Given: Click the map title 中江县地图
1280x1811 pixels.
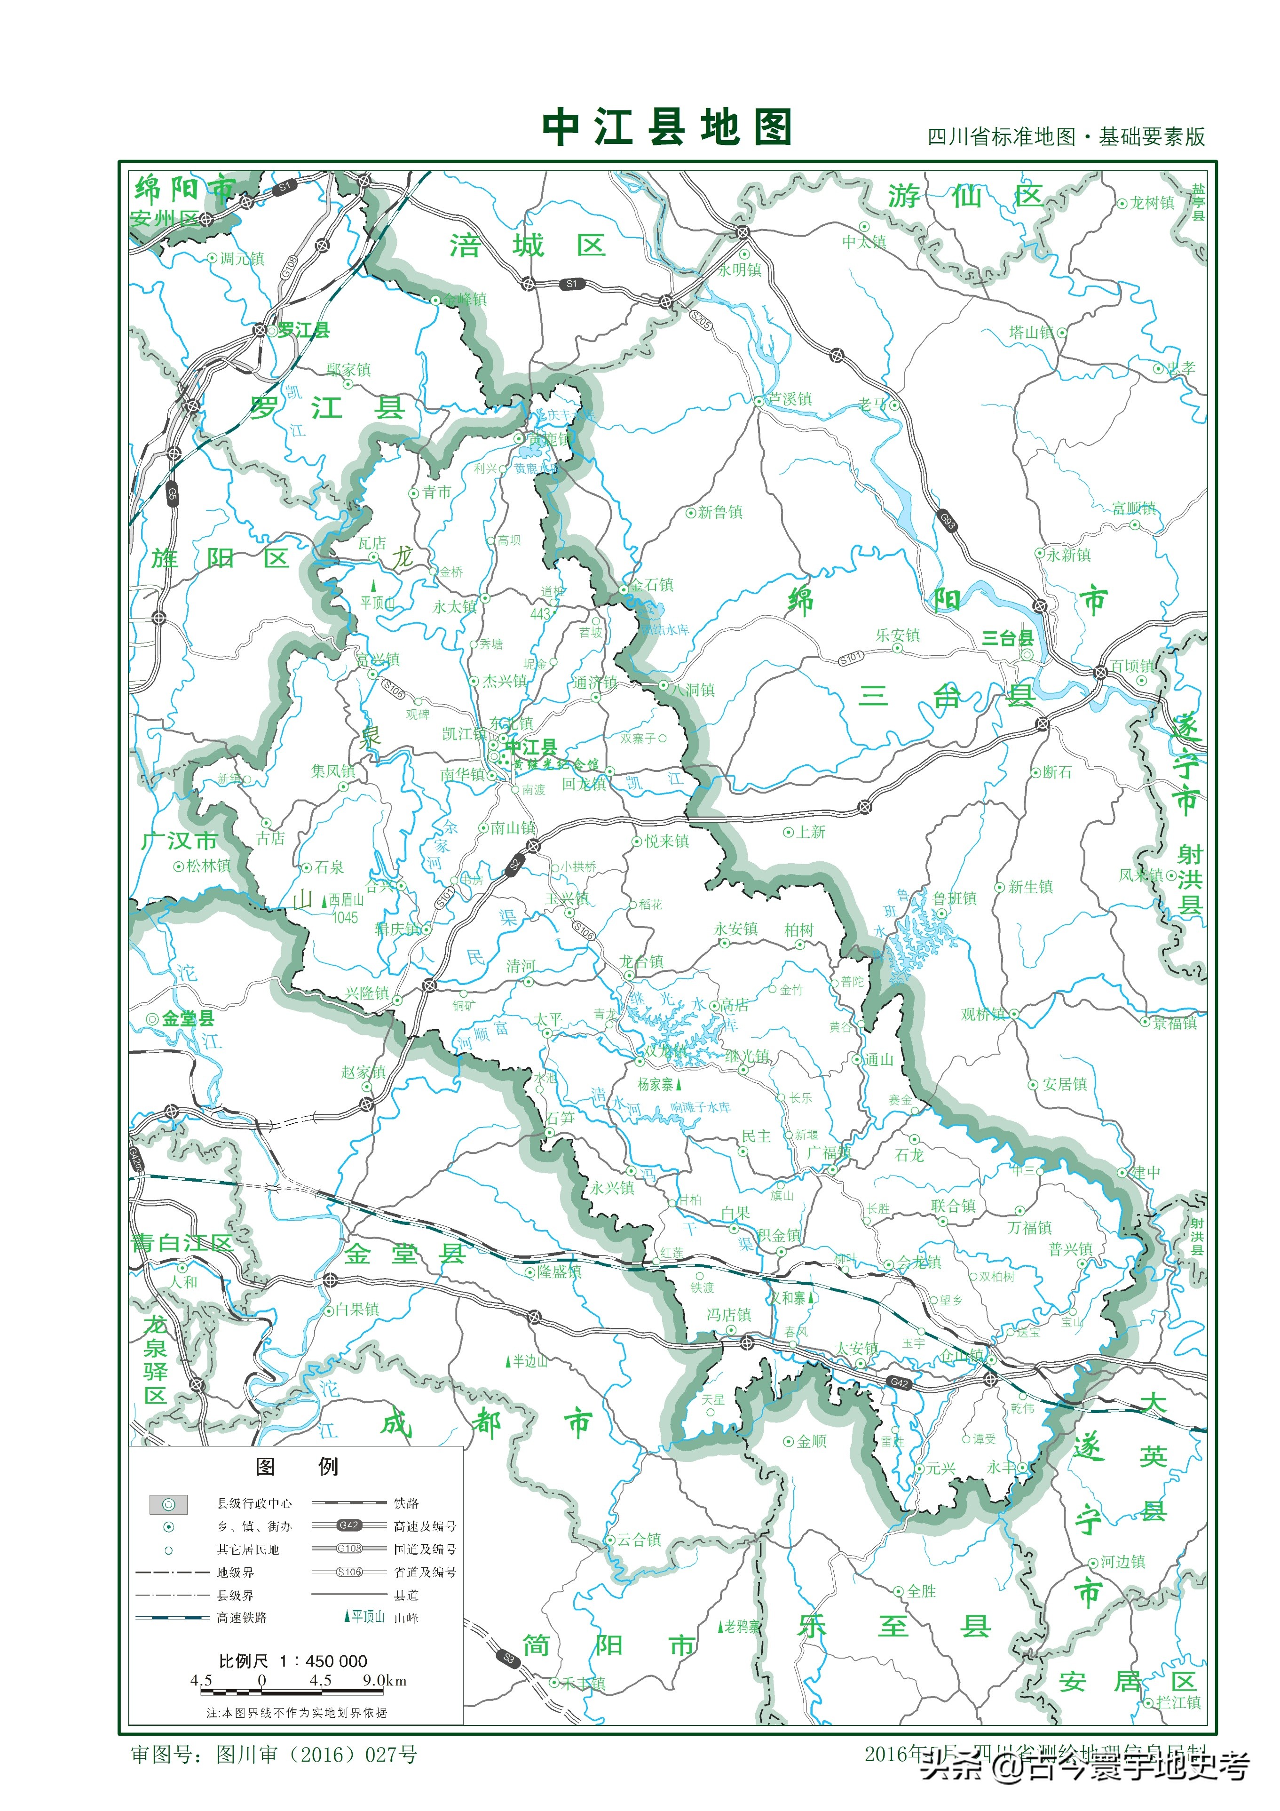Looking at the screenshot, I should tap(666, 128).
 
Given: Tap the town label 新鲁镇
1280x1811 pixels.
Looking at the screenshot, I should tap(719, 512).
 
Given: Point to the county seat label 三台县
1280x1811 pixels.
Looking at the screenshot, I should tap(1007, 638).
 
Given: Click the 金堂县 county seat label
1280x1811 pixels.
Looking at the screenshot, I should tap(188, 1018).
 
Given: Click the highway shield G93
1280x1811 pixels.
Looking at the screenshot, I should tap(947, 521).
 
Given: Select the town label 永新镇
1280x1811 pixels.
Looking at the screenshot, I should tap(1069, 555).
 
